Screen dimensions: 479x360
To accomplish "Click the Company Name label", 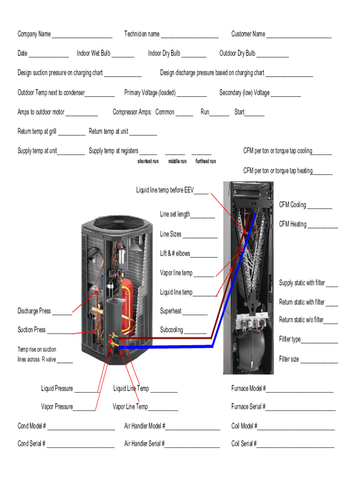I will pos(34,34).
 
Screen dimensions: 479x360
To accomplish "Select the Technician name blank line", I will pos(189,36).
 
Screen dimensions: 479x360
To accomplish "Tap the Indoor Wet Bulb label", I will pos(94,53).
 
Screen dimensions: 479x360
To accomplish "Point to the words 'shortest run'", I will pos(148,161).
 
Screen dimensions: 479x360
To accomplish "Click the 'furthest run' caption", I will pos(206,161).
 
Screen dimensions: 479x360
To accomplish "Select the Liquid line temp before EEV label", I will pos(165,190).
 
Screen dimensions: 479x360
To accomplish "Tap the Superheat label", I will pos(171,311).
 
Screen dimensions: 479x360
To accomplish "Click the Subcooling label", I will pos(172,330).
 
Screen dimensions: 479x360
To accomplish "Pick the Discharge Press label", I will pos(34,311).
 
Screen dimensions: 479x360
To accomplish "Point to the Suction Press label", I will pos(32,330).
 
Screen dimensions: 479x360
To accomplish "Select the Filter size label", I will pos(289,359).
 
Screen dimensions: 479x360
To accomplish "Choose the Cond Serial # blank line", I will pos(80,445).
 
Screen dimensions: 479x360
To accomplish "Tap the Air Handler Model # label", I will pos(144,426).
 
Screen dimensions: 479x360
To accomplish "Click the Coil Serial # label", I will pos(244,444).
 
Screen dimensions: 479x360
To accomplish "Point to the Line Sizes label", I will pos(171,234).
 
